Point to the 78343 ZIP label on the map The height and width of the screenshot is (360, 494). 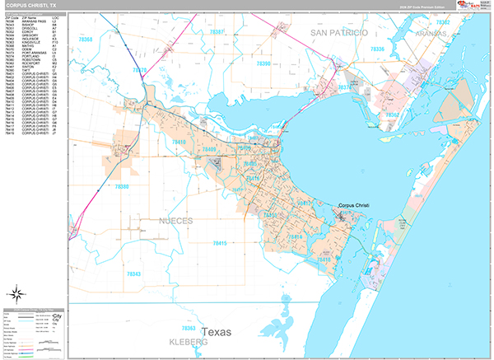tap(133, 274)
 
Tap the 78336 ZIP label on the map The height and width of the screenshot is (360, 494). tap(377, 51)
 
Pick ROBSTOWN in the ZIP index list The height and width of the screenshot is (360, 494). tap(31, 60)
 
